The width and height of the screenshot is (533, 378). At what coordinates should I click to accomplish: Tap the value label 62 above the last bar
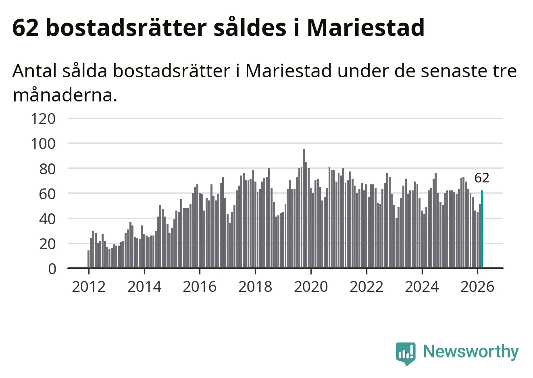[x=482, y=178]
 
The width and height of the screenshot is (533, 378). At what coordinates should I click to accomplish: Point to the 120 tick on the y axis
[x=43, y=119]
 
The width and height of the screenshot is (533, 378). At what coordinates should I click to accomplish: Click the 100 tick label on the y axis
[x=43, y=144]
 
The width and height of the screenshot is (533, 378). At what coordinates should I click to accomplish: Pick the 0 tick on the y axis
[x=52, y=269]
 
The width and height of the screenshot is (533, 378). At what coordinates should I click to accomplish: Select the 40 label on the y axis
[x=47, y=219]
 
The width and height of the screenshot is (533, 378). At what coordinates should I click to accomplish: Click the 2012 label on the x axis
[x=88, y=287]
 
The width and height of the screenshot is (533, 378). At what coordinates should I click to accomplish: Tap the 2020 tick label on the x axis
[x=311, y=287]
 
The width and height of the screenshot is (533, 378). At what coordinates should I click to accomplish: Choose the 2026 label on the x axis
[x=477, y=287]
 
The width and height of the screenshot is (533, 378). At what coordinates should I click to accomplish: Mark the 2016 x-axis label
[x=200, y=287]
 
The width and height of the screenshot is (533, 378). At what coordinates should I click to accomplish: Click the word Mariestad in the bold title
[x=366, y=27]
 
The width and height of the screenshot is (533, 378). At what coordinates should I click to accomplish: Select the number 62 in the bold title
[x=25, y=27]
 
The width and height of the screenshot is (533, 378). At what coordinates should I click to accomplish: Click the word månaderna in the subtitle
[x=65, y=95]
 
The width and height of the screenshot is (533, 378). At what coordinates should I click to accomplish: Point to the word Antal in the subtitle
[x=34, y=71]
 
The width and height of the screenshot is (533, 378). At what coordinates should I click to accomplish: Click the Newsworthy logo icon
[x=405, y=353]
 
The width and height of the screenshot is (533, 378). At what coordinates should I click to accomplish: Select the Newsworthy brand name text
[x=471, y=351]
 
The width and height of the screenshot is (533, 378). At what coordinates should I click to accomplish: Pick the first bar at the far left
[x=88, y=259]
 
